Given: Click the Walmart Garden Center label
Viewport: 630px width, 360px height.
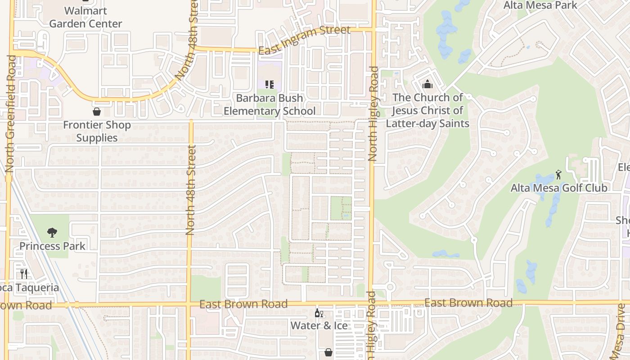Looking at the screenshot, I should tap(85, 17).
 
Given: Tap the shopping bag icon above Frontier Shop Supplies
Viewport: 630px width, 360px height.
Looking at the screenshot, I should tap(96, 111).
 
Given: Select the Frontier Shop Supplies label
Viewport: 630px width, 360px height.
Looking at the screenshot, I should tap(97, 131).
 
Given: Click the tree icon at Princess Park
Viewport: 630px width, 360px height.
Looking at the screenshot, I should tap(52, 233).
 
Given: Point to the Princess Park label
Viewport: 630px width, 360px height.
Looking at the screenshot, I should tap(52, 246).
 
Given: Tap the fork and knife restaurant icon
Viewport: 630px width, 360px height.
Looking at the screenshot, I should tap(24, 274).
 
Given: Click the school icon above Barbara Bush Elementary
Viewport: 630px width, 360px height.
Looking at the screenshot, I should tap(270, 84).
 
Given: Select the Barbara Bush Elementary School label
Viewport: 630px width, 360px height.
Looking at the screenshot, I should tap(270, 104).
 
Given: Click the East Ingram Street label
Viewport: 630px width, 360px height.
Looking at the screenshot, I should tap(304, 40).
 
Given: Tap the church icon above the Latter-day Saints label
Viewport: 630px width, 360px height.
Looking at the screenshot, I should tap(427, 84).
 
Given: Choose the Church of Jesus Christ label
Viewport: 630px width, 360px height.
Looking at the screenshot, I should tap(427, 110).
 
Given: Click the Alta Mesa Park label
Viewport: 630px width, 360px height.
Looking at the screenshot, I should tap(540, 5).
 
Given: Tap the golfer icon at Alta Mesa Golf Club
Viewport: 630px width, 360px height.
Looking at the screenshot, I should tap(558, 174).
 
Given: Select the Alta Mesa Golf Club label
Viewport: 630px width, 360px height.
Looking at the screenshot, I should tap(559, 188).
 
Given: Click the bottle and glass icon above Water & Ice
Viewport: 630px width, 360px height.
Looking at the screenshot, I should tap(319, 313).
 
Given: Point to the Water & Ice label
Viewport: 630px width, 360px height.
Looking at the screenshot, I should tap(319, 325).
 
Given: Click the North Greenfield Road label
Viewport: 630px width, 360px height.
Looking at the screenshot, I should tap(11, 114).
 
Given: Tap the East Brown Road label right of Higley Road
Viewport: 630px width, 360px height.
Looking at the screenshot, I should tap(468, 303).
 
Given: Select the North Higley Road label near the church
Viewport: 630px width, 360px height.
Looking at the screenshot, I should tap(373, 114).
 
